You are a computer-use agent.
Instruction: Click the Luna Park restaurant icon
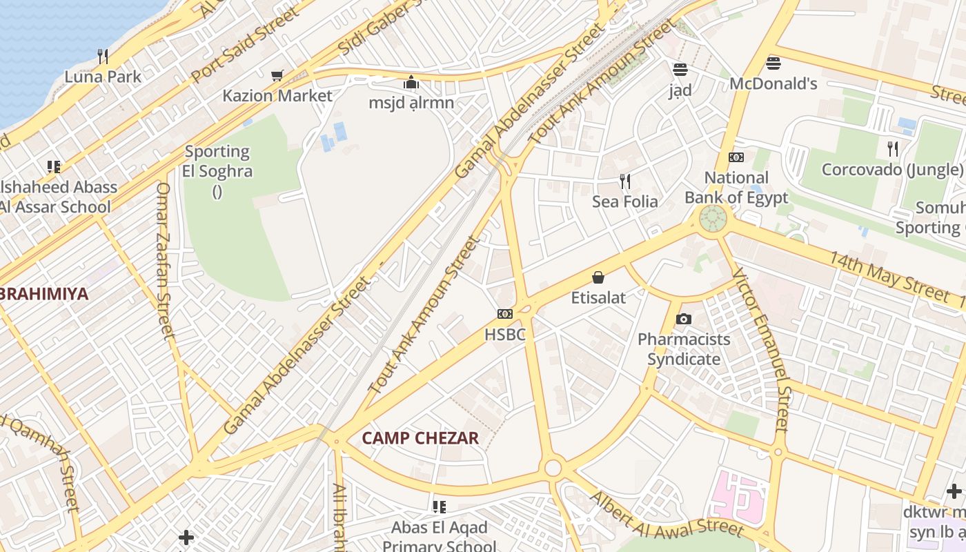tap(102, 56)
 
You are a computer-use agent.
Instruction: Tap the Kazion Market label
tap(277, 96)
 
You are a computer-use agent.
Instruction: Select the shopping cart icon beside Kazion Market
tap(277, 75)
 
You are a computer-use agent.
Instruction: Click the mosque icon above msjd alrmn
tap(411, 83)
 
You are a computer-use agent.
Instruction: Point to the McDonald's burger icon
tap(773, 63)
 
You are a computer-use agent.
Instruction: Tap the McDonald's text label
tap(773, 84)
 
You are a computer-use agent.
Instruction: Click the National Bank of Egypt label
tap(736, 188)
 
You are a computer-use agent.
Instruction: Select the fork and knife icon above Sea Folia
tap(625, 181)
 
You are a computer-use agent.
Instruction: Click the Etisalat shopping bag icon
tap(598, 277)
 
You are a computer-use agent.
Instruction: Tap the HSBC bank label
tap(504, 335)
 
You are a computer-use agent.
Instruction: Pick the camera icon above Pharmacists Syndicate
tap(684, 319)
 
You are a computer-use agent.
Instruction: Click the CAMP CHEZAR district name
tap(420, 438)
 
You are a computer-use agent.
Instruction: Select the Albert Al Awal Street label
tap(667, 515)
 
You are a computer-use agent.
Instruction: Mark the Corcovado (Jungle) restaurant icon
tap(892, 148)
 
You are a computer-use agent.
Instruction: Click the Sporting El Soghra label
tap(217, 161)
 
